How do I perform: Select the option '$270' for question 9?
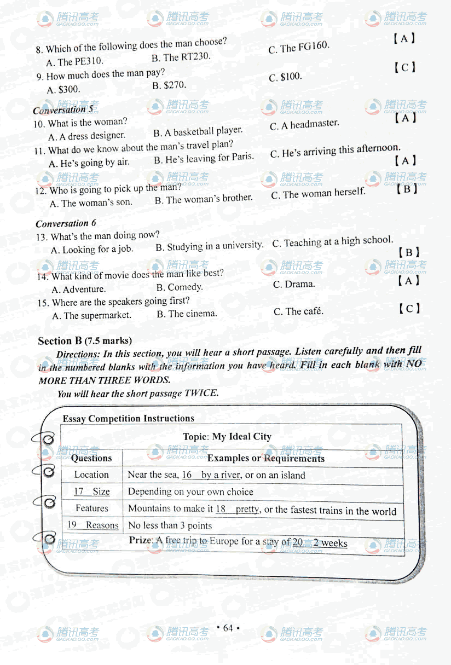tap(169, 85)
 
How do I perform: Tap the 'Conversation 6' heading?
tap(66, 223)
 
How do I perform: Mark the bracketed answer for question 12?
tap(407, 189)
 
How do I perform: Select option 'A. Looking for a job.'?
tap(92, 250)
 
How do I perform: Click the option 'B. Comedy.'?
tap(180, 287)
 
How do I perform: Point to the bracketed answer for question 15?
tap(409, 308)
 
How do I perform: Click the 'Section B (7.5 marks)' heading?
tap(85, 341)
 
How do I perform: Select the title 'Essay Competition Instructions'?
tap(129, 419)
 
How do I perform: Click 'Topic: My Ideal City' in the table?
tap(227, 437)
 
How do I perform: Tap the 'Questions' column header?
tap(91, 458)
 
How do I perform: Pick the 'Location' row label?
tap(91, 475)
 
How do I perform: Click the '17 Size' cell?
tap(92, 491)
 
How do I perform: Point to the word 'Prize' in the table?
tap(140, 540)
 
